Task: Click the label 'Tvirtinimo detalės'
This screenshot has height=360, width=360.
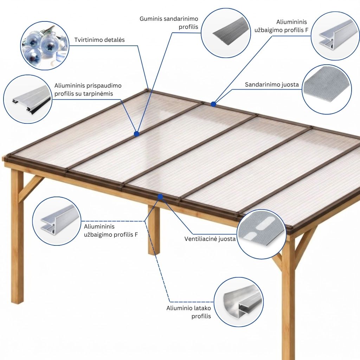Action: click(99, 40)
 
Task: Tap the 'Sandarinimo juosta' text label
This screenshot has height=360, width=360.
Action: click(272, 85)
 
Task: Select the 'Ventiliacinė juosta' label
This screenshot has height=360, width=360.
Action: click(210, 239)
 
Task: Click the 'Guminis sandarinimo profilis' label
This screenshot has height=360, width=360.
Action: click(169, 23)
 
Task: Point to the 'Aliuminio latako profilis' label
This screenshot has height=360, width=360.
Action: click(188, 312)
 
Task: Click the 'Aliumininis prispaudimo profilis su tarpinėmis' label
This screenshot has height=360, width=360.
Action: click(88, 90)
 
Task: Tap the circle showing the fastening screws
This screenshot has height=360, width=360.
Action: click(45, 46)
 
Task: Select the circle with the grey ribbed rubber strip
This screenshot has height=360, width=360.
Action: click(226, 33)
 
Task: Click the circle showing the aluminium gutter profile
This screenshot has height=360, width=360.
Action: click(239, 302)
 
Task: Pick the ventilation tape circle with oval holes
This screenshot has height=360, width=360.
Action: click(262, 234)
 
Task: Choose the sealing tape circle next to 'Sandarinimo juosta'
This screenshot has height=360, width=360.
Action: click(327, 89)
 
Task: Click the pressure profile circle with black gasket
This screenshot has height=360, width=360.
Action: click(28, 99)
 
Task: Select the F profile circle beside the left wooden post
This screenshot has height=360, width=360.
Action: click(57, 221)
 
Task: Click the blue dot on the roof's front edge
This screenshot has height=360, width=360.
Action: click(160, 197)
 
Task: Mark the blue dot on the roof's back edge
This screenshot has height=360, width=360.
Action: click(213, 104)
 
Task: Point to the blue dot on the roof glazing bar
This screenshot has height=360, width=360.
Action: click(137, 134)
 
